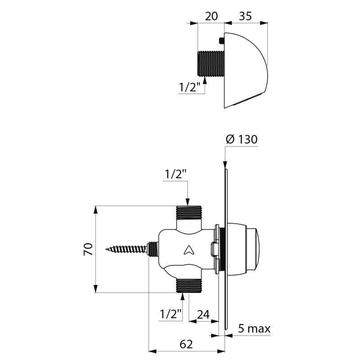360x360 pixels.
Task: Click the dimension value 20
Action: pos(211,16)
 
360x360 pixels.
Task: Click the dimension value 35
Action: pos(245,16)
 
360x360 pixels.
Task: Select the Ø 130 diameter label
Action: pos(241,139)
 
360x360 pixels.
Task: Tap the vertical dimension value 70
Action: pos(88,249)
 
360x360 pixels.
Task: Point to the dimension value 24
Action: pos(203,314)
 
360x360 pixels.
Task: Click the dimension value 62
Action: pos(186,344)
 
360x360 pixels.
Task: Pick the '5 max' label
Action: pos(254,329)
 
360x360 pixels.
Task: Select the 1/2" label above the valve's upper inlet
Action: pos(175,174)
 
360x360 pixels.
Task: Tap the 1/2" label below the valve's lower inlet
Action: pos(171,314)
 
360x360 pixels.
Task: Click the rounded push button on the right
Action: pos(256,248)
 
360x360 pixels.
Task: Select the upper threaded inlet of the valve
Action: pos(189,212)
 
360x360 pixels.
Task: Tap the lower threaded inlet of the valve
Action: pos(189,285)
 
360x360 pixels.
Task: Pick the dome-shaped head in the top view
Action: pos(245,70)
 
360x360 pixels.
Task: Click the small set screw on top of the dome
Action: pos(221,41)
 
